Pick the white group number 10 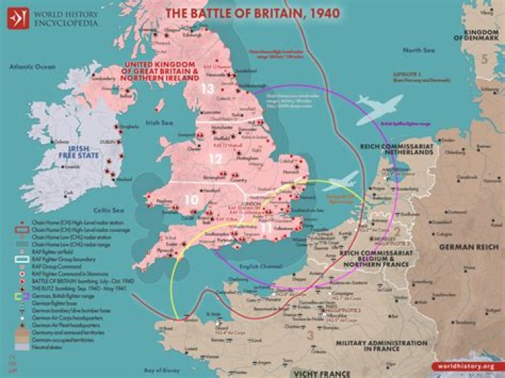click(191, 201)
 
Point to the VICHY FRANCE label click(322, 372)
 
